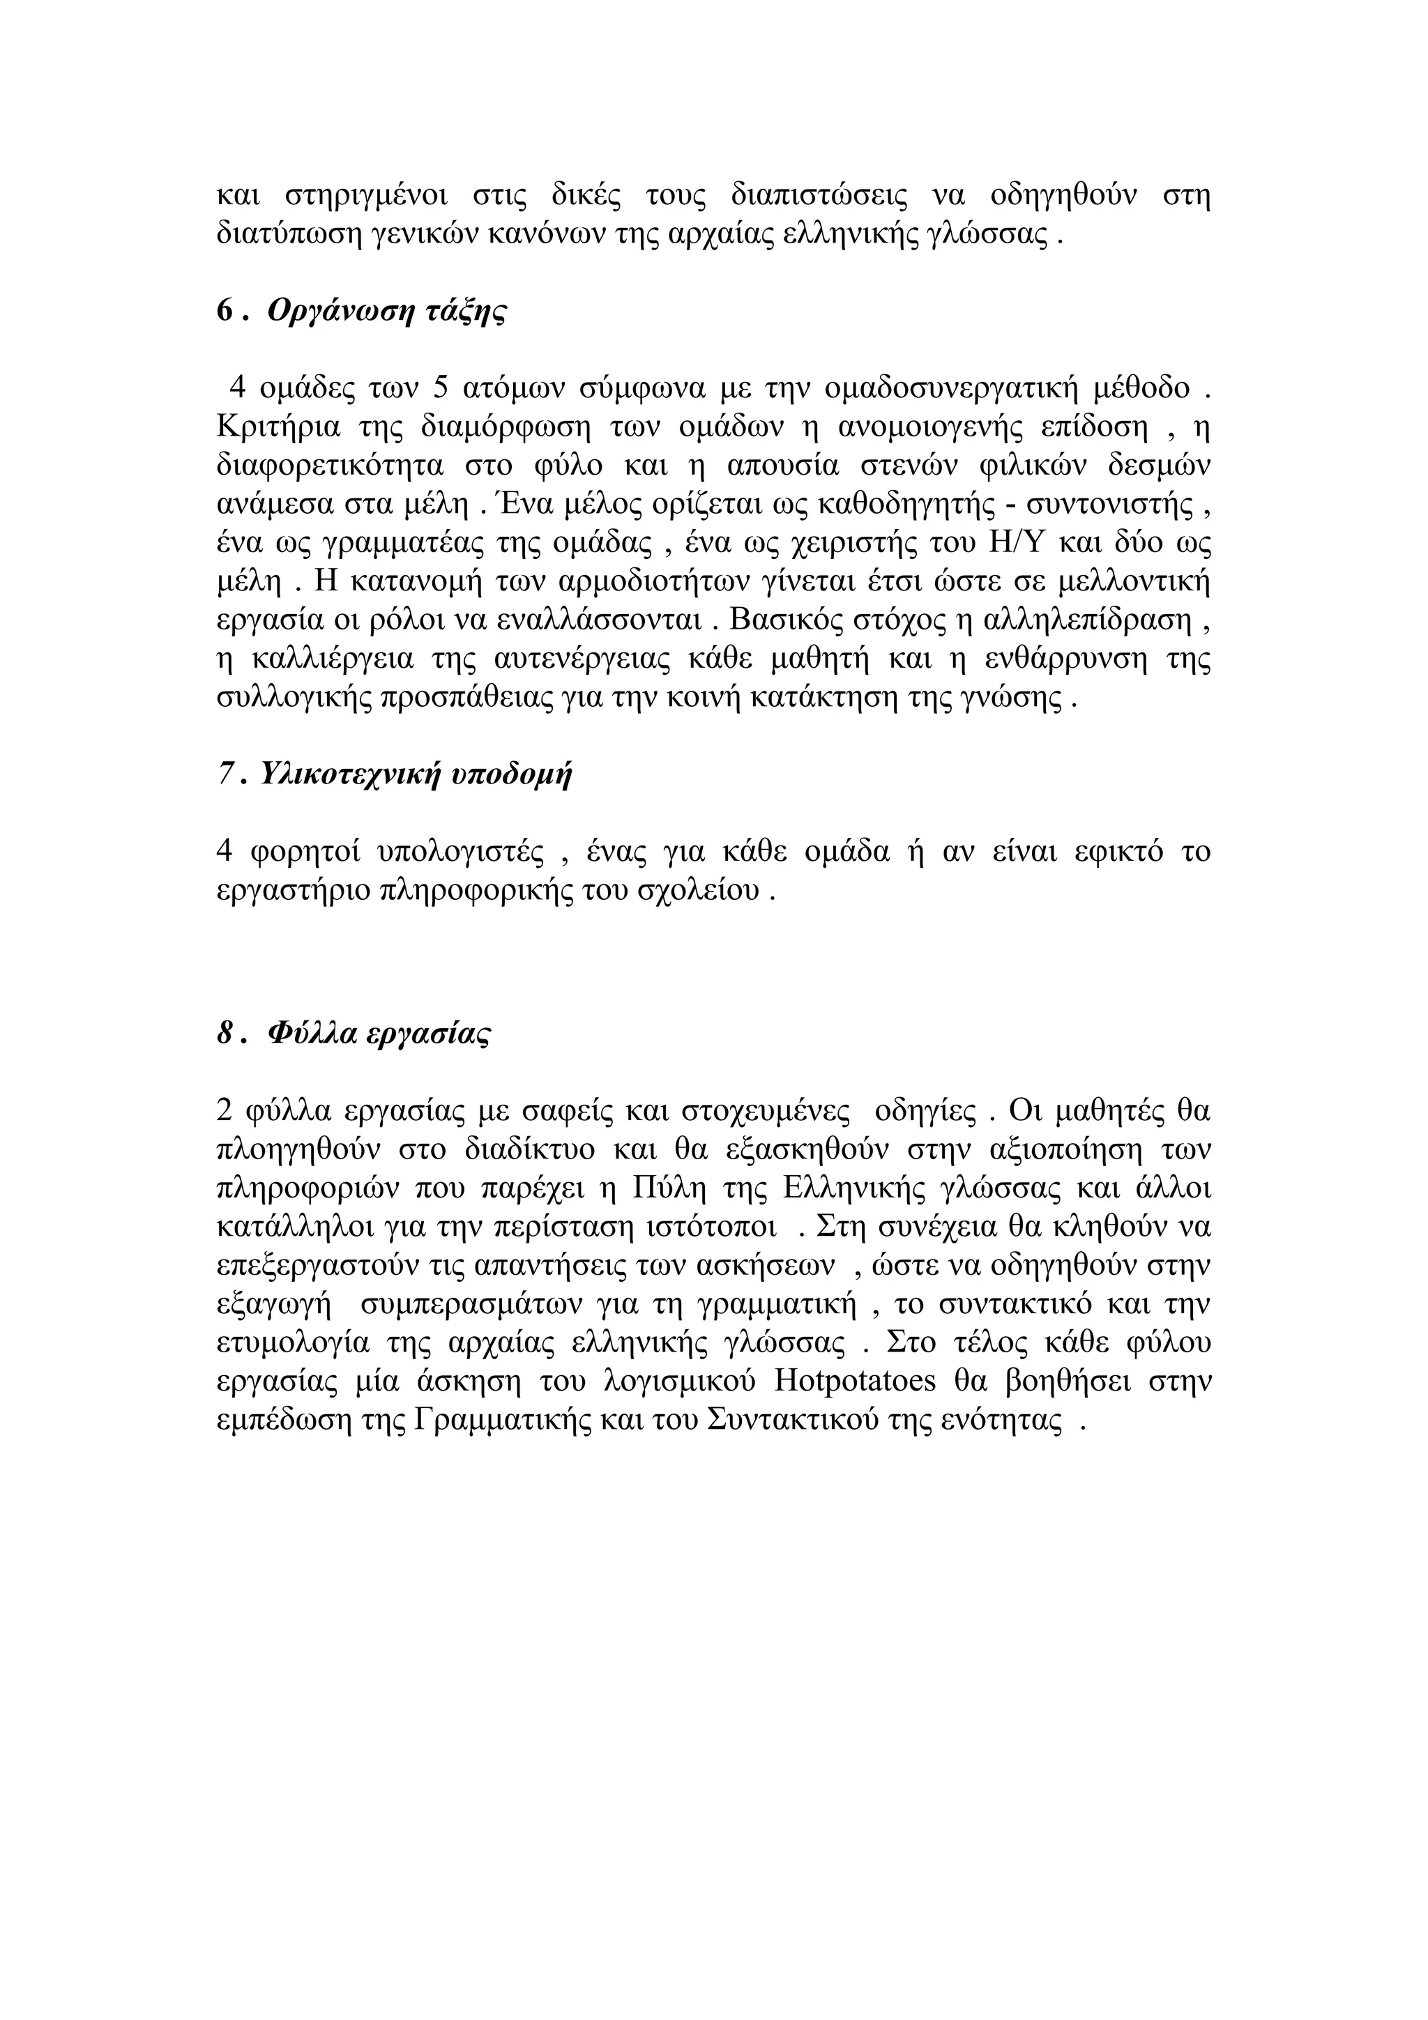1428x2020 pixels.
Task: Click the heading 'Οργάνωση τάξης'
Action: coord(387,312)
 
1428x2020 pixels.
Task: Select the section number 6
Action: coord(225,312)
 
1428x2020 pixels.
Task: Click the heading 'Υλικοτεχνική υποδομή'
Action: coord(417,774)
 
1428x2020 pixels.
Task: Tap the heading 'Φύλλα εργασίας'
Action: coord(379,1033)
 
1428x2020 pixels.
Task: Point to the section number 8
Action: coord(225,1033)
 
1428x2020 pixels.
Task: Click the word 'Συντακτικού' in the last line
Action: coord(792,1421)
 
